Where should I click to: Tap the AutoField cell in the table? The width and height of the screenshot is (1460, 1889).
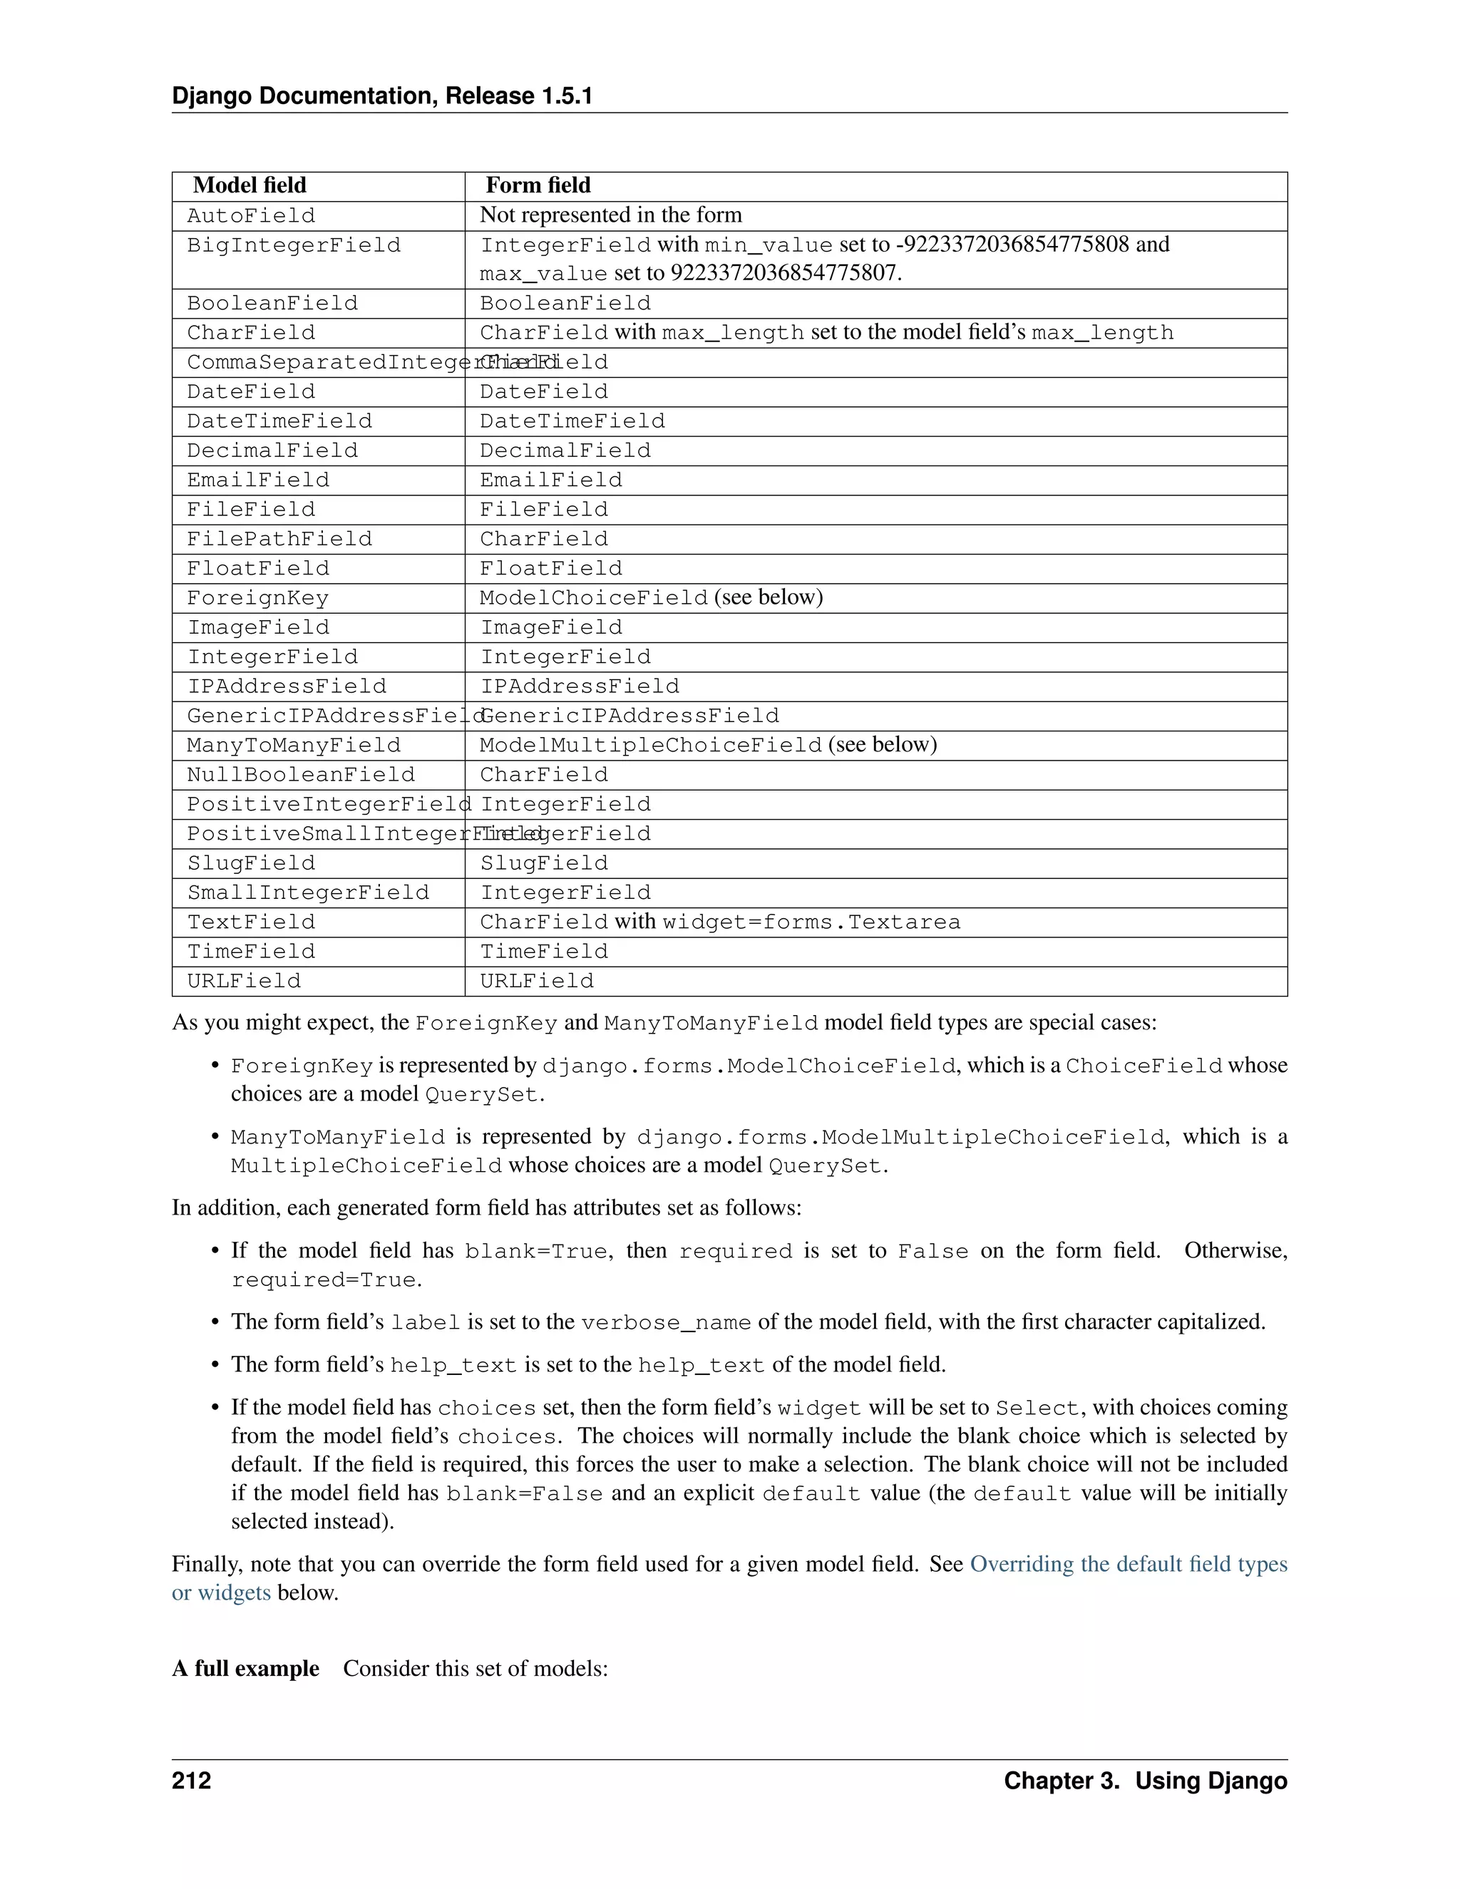click(x=251, y=215)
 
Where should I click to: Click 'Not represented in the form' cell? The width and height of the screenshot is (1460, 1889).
click(x=611, y=215)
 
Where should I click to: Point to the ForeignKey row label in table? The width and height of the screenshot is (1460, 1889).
click(x=258, y=597)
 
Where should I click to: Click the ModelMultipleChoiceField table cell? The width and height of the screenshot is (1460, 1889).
click(x=650, y=745)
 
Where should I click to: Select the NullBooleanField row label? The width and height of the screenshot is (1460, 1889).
click(x=301, y=774)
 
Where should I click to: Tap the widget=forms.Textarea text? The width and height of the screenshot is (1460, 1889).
click(x=811, y=922)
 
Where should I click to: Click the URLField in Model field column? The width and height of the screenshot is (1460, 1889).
click(x=244, y=981)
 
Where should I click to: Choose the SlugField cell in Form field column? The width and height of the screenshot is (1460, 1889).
click(x=544, y=863)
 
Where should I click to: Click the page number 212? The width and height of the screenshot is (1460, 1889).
click(x=191, y=1781)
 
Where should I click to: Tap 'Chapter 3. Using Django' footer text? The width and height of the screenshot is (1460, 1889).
click(x=1145, y=1781)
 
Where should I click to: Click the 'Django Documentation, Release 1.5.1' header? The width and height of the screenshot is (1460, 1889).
click(x=381, y=96)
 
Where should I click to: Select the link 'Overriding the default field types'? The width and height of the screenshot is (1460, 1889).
click(x=1128, y=1564)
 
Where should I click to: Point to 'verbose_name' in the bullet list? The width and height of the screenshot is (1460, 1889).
click(x=666, y=1322)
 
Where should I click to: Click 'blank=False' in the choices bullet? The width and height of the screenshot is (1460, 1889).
click(x=524, y=1493)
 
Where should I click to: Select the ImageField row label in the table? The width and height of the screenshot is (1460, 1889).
click(x=258, y=627)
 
